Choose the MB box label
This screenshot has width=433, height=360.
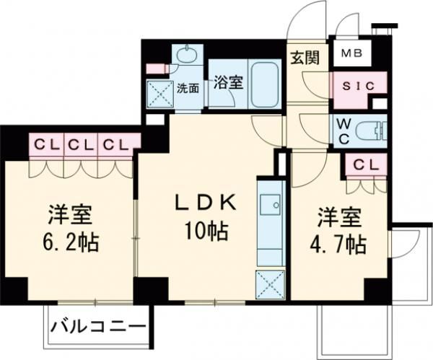point(351,53)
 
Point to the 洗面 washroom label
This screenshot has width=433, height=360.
point(188,89)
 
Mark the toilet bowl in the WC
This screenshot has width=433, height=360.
point(376,131)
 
